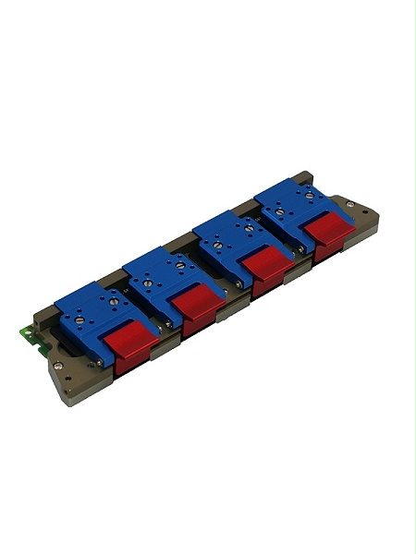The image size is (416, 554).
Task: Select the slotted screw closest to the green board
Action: pyautogui.click(x=80, y=319)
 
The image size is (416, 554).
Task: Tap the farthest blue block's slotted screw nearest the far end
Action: pyautogui.click(x=309, y=196)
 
